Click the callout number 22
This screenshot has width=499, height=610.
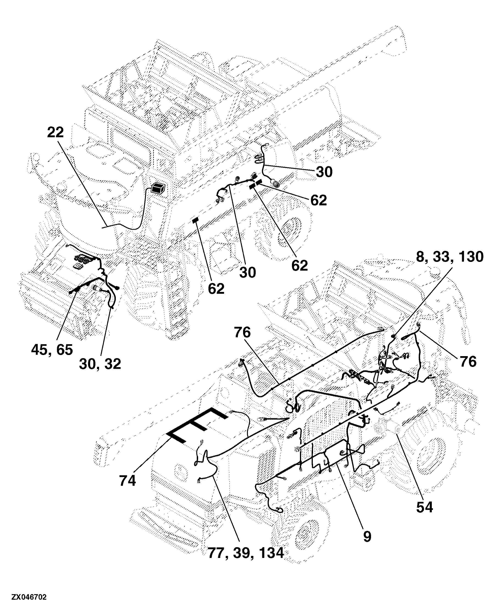[55, 133]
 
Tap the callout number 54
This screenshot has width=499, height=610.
[424, 508]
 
